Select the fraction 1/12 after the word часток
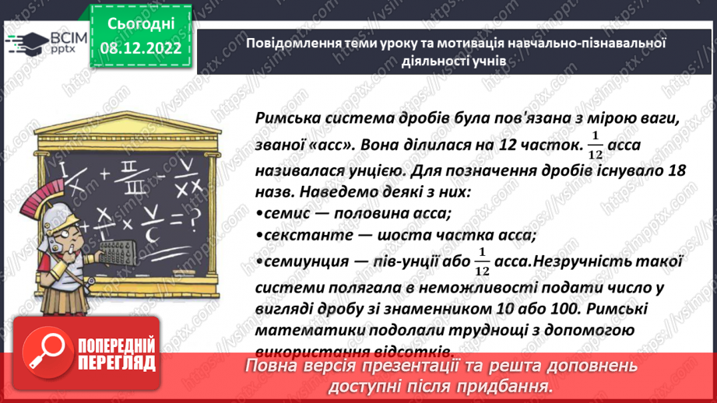click(x=596, y=145)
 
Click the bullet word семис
click(x=284, y=214)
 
